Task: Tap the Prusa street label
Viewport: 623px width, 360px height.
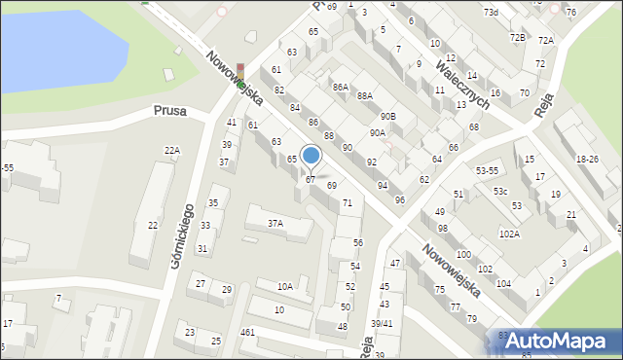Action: [x=169, y=111]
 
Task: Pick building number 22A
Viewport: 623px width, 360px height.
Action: [x=172, y=150]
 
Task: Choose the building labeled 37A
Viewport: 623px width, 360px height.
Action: [x=275, y=223]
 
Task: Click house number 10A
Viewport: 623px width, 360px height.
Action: [x=285, y=286]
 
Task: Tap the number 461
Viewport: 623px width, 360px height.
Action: [x=248, y=333]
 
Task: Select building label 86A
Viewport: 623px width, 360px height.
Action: [x=340, y=88]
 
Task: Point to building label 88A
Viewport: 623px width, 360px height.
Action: [x=364, y=96]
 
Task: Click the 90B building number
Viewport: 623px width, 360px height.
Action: [x=388, y=117]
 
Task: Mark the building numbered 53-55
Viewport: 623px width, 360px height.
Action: [x=487, y=170]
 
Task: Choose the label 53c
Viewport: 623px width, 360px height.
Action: [x=499, y=192]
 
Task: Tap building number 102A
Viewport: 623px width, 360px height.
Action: [x=509, y=234]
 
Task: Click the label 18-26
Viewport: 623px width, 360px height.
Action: [x=587, y=159]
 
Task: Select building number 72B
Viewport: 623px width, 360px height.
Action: [x=517, y=37]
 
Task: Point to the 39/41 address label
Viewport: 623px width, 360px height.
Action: [x=382, y=323]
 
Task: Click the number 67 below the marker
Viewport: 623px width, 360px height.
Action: [x=310, y=179]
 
